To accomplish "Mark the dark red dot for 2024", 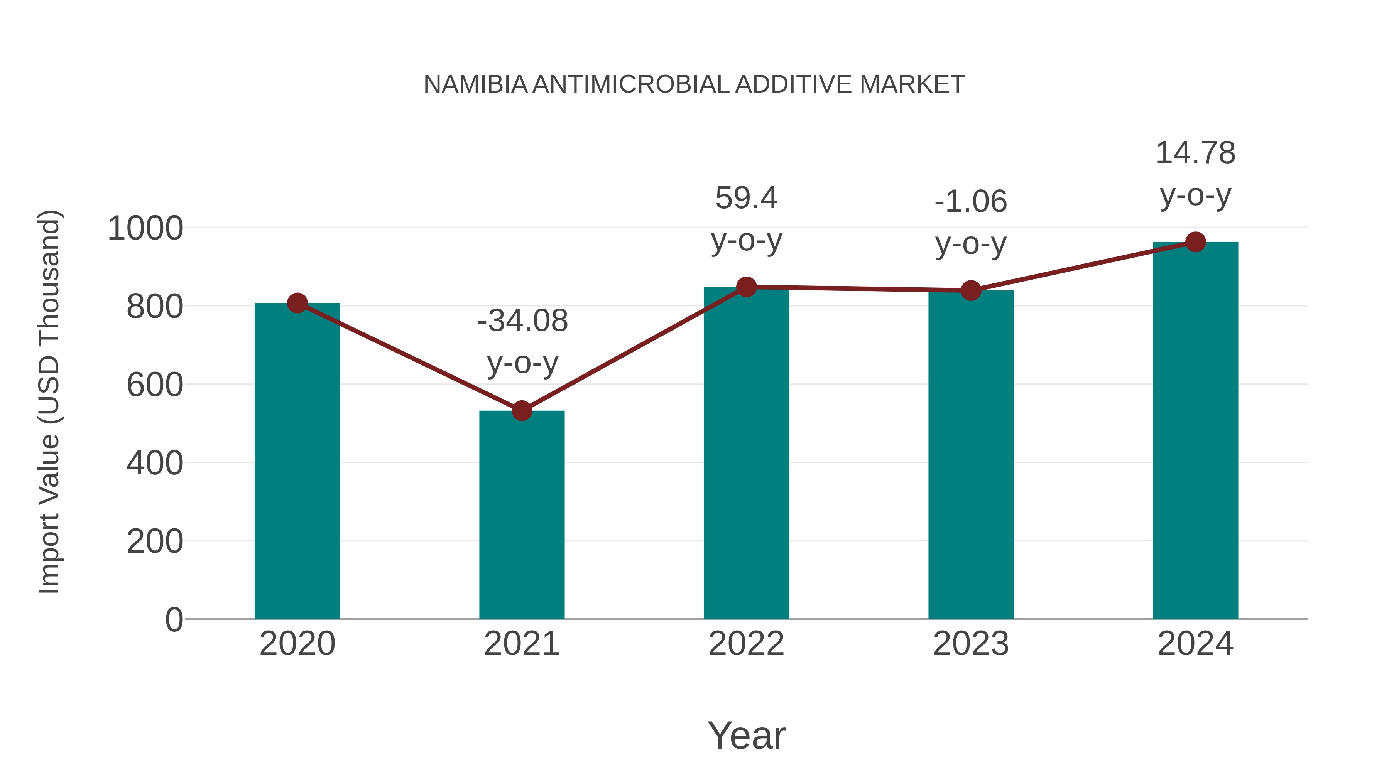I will point(1195,242).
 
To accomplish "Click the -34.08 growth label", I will point(522,321).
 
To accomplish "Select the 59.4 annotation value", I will point(746,198).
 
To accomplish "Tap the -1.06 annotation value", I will point(971,202).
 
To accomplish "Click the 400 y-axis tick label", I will point(155,463).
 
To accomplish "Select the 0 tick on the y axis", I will point(174,619).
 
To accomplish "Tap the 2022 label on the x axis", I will point(746,644).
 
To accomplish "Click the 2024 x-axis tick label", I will point(1195,644).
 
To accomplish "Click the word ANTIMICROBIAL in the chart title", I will point(631,84).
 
